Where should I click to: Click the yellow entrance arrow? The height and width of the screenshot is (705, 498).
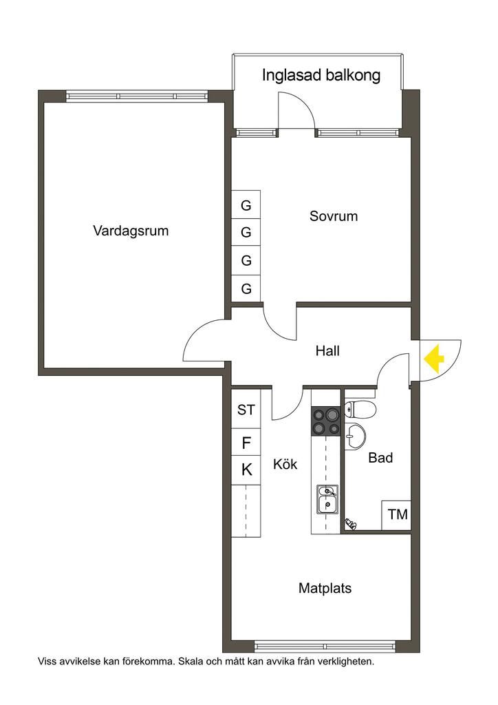click(x=433, y=358)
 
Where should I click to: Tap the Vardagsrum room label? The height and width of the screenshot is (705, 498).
click(x=131, y=231)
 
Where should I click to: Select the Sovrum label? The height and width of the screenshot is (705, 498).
click(x=334, y=216)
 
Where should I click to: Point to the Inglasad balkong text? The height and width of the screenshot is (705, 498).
click(x=321, y=76)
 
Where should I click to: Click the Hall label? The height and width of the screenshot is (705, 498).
click(x=327, y=350)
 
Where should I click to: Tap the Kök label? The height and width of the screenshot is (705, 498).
click(x=285, y=465)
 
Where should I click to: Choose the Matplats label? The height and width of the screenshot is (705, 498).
click(x=325, y=589)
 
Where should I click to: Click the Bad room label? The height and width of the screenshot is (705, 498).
click(x=380, y=458)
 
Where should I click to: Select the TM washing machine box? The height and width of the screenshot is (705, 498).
click(x=397, y=515)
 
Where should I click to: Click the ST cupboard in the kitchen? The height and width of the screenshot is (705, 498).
click(x=246, y=410)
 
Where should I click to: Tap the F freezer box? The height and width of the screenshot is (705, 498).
click(x=246, y=443)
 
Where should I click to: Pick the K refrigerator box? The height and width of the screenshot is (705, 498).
click(x=246, y=470)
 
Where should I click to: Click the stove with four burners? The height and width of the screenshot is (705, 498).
click(x=326, y=421)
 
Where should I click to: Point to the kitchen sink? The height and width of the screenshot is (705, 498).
click(x=327, y=499)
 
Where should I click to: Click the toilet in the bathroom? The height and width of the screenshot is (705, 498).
click(x=360, y=410)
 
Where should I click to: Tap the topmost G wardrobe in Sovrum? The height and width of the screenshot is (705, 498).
click(x=246, y=205)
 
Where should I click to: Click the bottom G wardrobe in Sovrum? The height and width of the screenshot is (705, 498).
click(x=246, y=288)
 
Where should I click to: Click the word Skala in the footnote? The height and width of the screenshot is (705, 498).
click(x=192, y=662)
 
